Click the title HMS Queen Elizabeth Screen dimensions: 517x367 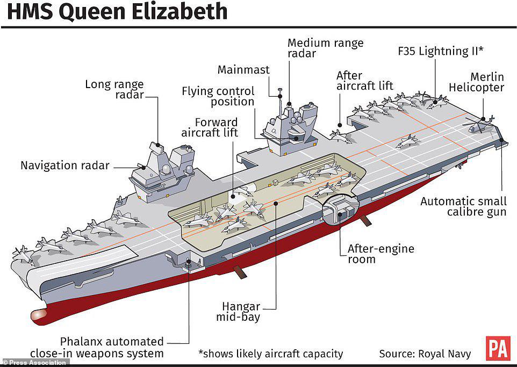117,11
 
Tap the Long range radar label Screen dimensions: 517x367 114,89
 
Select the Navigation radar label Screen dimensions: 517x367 65,165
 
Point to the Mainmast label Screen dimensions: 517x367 243,69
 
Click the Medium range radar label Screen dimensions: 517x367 326,48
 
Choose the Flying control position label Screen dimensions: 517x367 218,96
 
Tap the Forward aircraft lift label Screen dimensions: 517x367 210,127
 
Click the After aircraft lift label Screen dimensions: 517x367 364,81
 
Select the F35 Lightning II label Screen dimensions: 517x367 441,51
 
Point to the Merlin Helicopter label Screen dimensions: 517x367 477,82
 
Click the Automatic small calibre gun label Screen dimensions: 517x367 463,206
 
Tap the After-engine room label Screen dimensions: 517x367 381,254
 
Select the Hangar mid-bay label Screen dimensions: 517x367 238,312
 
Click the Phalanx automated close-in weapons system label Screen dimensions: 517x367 97,348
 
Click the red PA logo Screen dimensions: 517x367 498,348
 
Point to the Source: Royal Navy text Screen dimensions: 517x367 425,354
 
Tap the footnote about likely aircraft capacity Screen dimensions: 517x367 271,354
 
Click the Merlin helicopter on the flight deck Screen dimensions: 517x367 479,124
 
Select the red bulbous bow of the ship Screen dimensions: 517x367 39,315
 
